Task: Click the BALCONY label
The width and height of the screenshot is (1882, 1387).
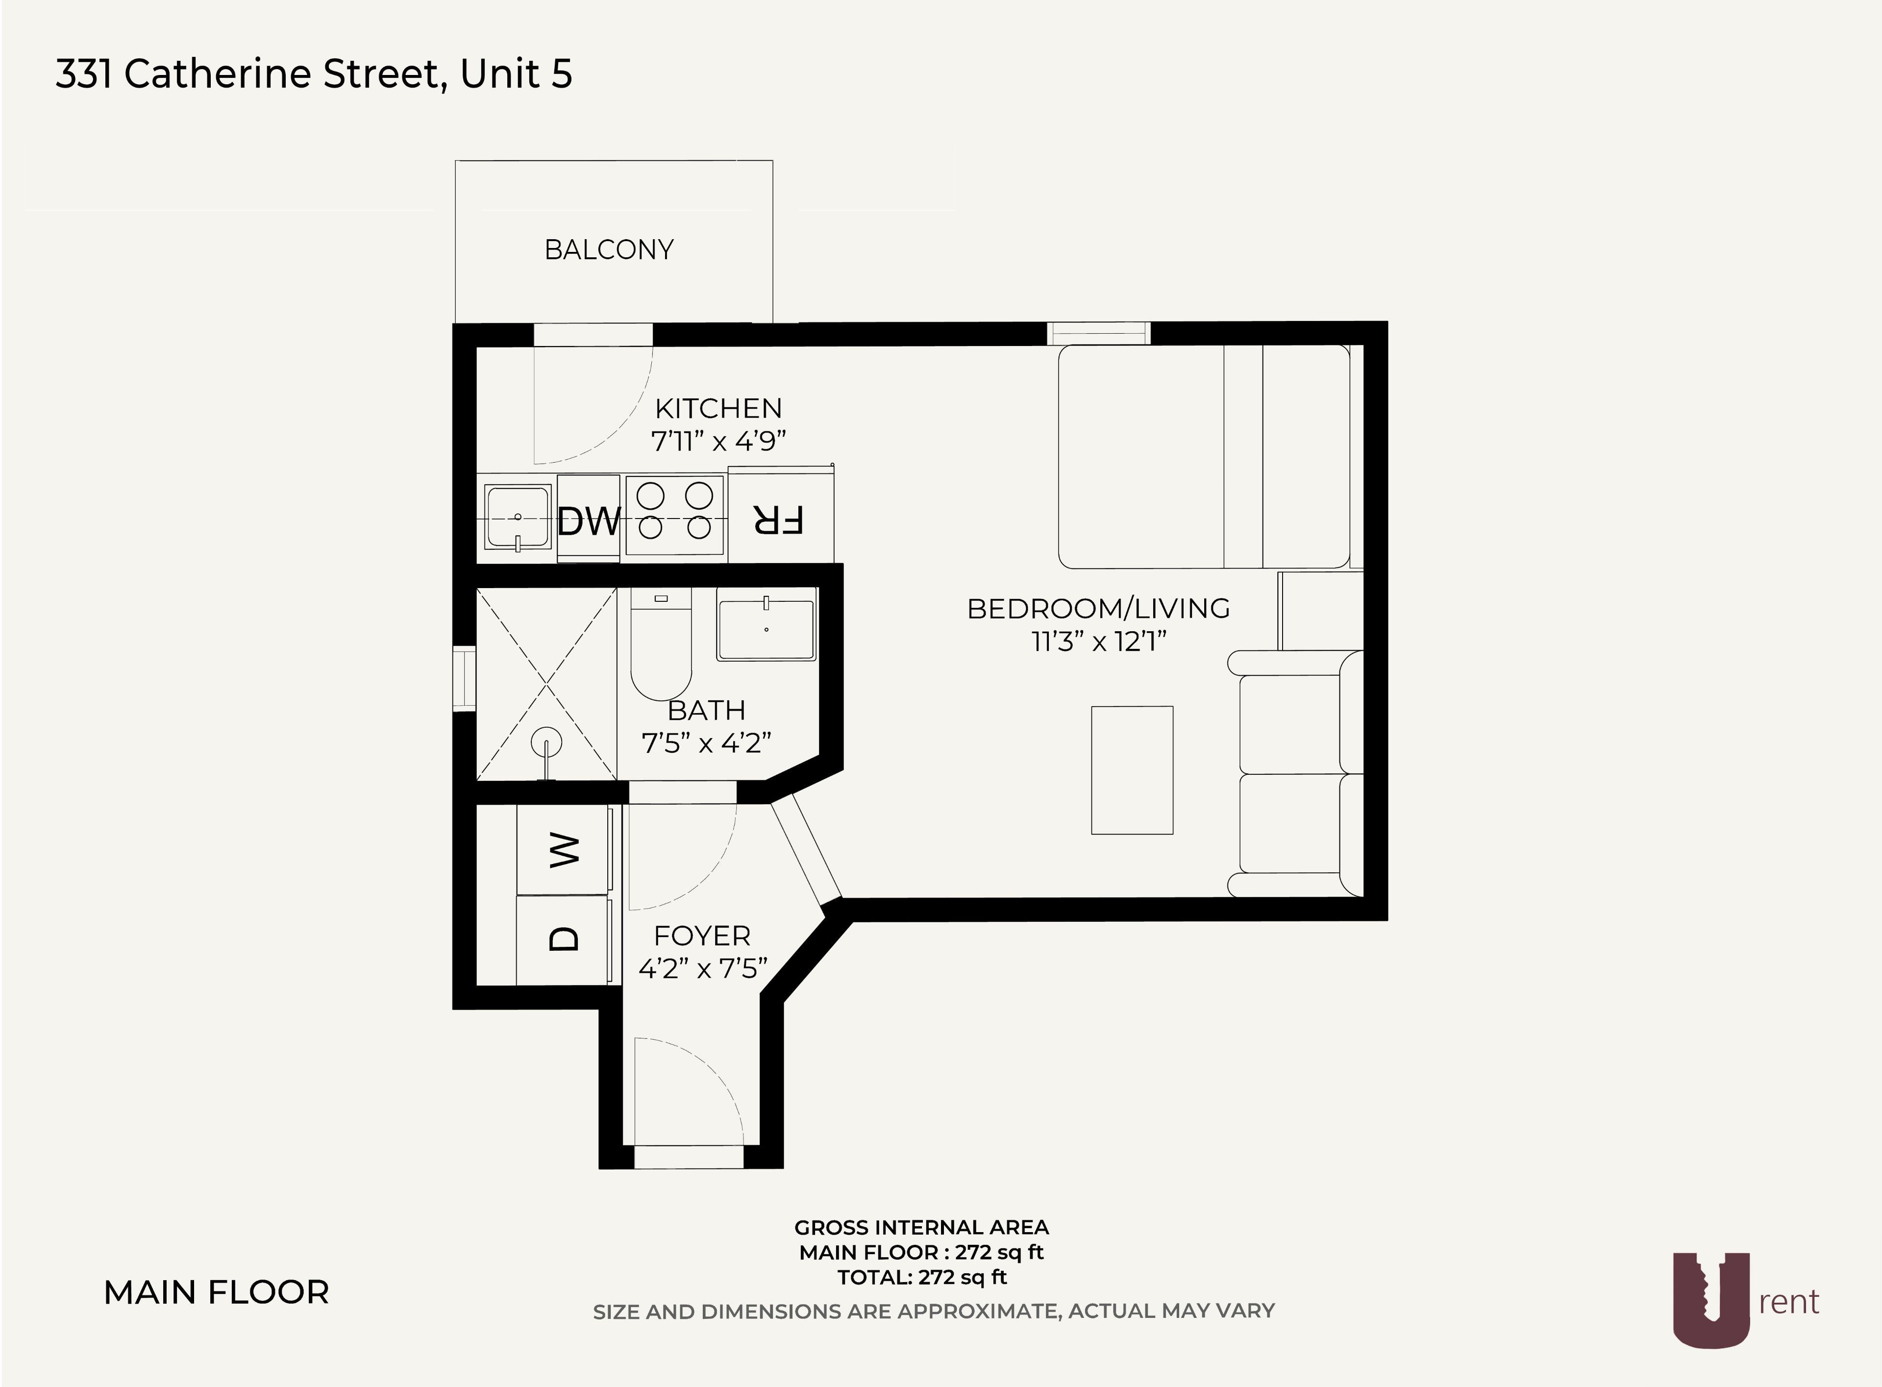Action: point(609,249)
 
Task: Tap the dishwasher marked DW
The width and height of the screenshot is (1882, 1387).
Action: point(589,519)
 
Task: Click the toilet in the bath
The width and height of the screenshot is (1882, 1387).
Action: point(661,644)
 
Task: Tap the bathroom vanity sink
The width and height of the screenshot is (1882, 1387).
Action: point(766,624)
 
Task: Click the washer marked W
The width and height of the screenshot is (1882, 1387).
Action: point(564,850)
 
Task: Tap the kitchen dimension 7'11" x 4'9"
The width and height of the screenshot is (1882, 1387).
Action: point(718,440)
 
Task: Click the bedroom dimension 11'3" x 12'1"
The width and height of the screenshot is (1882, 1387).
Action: point(1099,642)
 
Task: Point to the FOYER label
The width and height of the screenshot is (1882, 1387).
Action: point(702,935)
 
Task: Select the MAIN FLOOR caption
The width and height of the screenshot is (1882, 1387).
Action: point(216,1292)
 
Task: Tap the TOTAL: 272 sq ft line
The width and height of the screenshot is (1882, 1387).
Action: point(922,1277)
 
